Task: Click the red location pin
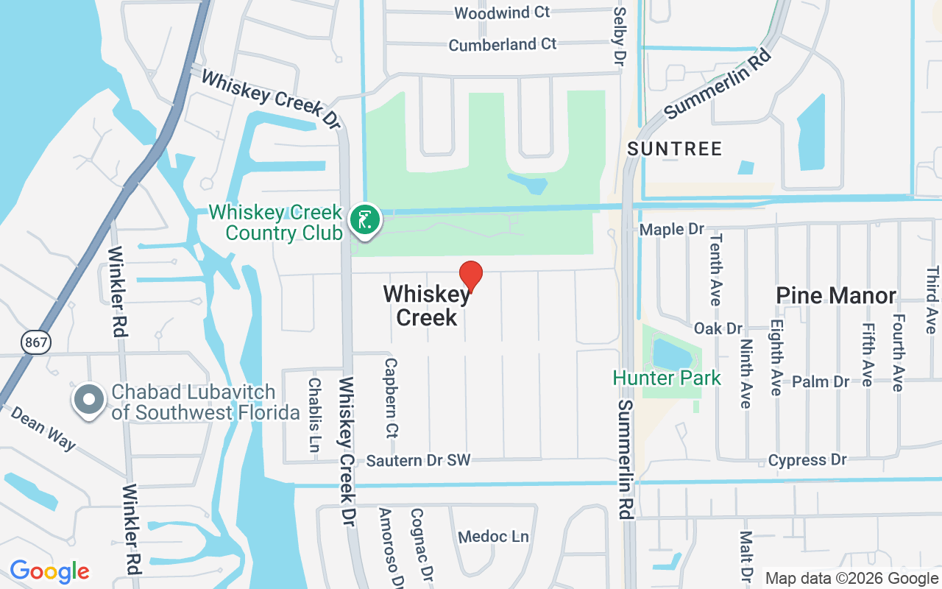point(471,276)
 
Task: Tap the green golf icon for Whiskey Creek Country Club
point(364,219)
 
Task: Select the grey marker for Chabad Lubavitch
point(90,400)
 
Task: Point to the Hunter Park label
point(667,378)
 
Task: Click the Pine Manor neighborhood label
point(836,296)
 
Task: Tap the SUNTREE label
point(674,149)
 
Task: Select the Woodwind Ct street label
point(502,13)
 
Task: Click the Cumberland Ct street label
point(503,45)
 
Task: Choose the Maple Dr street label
point(672,230)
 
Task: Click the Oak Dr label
point(718,328)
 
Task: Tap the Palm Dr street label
point(821,381)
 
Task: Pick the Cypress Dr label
point(807,460)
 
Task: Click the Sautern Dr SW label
point(418,461)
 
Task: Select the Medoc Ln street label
point(493,537)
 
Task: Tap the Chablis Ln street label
point(315,405)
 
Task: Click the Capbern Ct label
point(391,398)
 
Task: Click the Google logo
point(49,571)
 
